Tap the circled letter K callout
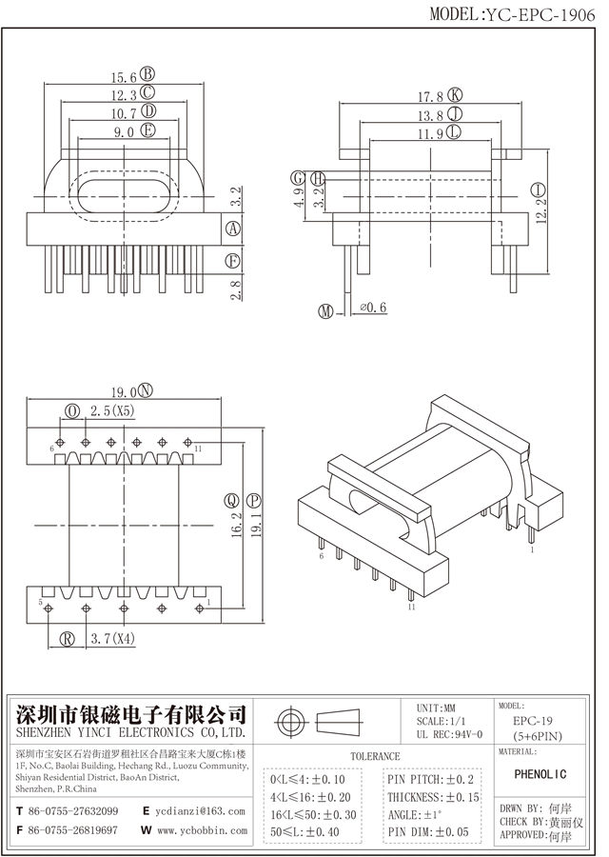pyautogui.click(x=455, y=95)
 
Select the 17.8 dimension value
pyautogui.click(x=431, y=95)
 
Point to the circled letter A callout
pyautogui.click(x=231, y=229)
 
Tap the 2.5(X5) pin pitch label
pyautogui.click(x=112, y=411)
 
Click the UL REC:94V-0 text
pyautogui.click(x=450, y=734)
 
